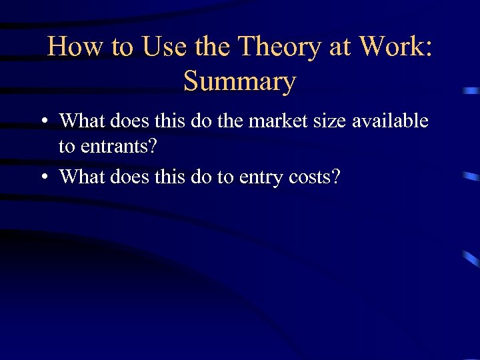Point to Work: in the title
395,47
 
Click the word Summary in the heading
239,81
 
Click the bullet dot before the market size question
43,122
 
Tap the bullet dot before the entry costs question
43,177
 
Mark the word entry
251,177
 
